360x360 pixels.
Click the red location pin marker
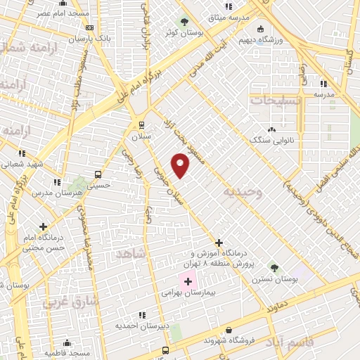[x=181, y=165]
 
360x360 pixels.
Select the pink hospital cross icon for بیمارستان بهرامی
[x=188, y=282]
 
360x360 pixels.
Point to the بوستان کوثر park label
[x=180, y=32]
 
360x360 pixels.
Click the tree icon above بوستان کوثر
[x=185, y=21]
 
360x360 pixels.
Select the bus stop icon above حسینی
[x=98, y=174]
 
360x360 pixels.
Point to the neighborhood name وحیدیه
[x=243, y=192]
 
